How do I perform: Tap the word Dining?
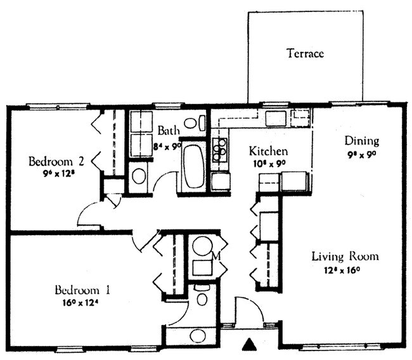[x=361, y=141]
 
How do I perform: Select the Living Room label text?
[x=345, y=257]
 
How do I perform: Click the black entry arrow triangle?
[x=249, y=345]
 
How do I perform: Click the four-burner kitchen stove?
[x=220, y=150]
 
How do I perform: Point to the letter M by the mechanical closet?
[x=216, y=256]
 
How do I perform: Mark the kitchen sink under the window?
[x=277, y=118]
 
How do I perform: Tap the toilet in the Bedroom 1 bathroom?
[x=202, y=297]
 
